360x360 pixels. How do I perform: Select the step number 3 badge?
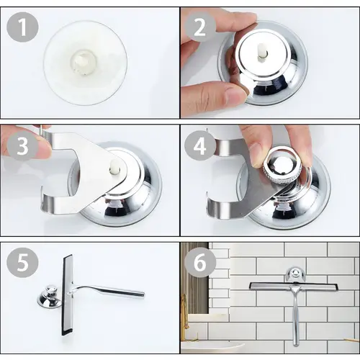(22, 146)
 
